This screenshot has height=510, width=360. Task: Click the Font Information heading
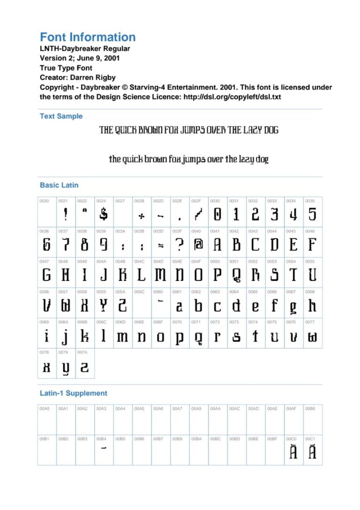pyautogui.click(x=88, y=38)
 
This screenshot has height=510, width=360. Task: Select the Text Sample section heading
pyautogui.click(x=61, y=116)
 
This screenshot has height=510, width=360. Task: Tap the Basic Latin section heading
pyautogui.click(x=59, y=185)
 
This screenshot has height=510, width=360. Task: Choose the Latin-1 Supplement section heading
pyautogui.click(x=74, y=393)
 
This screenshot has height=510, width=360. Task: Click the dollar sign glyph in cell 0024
pyautogui.click(x=104, y=214)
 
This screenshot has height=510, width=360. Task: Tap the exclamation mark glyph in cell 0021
pyautogui.click(x=66, y=214)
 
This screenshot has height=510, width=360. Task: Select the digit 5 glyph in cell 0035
pyautogui.click(x=312, y=214)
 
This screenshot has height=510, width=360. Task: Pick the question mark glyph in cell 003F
pyautogui.click(x=179, y=244)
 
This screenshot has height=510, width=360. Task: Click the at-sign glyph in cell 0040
pyautogui.click(x=198, y=245)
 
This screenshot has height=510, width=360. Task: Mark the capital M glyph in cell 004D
pyautogui.click(x=160, y=275)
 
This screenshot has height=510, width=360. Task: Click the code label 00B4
pyautogui.click(x=101, y=439)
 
